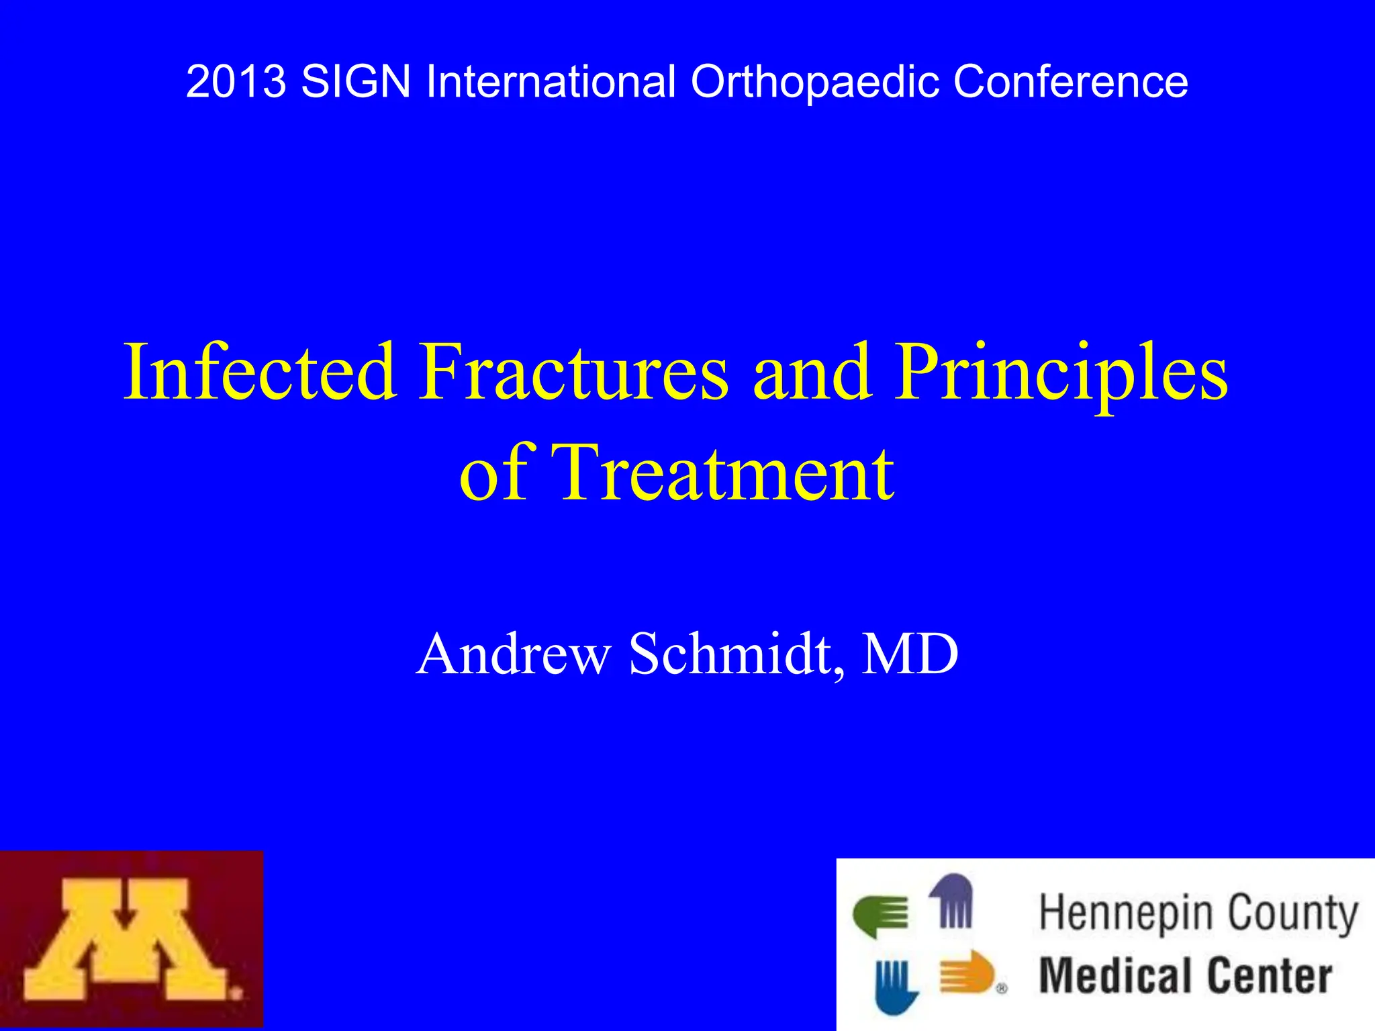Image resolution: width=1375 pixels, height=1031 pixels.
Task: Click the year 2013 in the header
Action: point(236,82)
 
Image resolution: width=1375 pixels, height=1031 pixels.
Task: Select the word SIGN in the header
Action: point(355,82)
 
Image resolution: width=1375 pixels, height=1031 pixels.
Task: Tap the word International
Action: point(551,82)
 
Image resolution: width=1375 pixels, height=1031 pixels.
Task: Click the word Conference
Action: point(1070,82)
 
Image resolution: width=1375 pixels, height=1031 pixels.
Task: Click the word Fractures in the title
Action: point(573,372)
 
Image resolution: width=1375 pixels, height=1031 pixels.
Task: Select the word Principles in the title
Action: point(1061,372)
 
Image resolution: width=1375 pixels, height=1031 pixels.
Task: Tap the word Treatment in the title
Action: point(726,473)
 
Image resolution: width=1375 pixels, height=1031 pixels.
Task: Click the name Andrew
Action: point(514,654)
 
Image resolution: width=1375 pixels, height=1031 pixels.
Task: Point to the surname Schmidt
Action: point(736,654)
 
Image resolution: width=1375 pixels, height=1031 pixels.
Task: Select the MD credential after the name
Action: point(910,654)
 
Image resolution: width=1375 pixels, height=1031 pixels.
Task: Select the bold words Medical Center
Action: point(1185,976)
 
